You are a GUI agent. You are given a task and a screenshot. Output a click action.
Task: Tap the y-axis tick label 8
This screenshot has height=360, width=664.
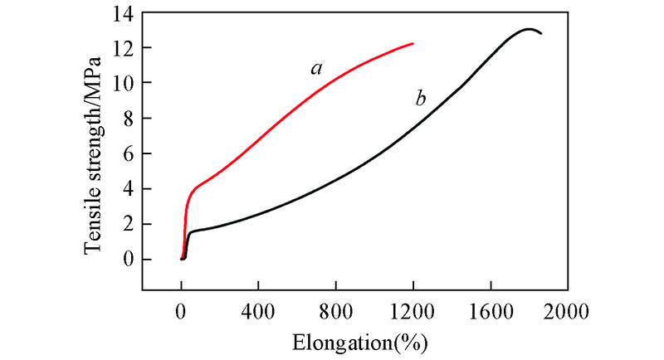[x=125, y=119]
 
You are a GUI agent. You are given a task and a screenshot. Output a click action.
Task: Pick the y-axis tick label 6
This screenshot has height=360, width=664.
[x=125, y=153]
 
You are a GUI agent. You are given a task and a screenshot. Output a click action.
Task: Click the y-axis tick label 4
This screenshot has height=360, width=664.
[x=125, y=189]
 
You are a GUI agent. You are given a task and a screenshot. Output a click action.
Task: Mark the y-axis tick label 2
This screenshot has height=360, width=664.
[x=125, y=224]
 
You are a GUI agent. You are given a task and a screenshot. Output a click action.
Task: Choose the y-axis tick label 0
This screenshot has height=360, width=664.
[x=125, y=260]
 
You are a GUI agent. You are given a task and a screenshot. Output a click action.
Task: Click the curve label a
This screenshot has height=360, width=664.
[x=316, y=68]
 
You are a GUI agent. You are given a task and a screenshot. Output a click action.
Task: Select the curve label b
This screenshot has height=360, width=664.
[x=421, y=100]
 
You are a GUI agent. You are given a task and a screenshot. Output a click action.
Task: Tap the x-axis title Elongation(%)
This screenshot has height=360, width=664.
[x=359, y=341]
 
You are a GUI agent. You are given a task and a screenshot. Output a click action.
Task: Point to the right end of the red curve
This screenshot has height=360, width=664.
[x=413, y=43]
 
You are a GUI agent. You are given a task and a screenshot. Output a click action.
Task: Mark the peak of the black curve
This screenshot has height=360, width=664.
[x=528, y=29]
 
